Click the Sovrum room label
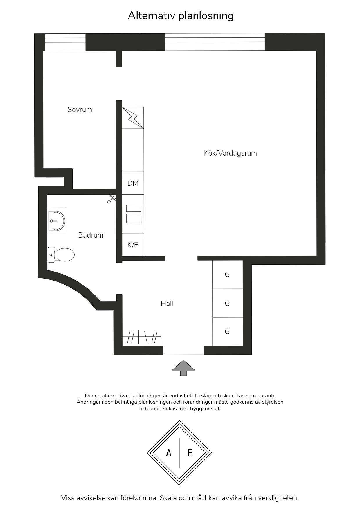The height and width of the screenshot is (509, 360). tap(80, 110)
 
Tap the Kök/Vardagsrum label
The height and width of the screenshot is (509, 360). tap(230, 153)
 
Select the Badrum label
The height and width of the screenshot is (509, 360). tap(91, 235)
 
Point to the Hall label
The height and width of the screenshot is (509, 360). tap(167, 304)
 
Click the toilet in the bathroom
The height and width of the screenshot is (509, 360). tap(61, 255)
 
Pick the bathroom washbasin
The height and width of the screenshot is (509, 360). tap(57, 221)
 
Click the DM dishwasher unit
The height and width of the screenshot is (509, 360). tap(133, 183)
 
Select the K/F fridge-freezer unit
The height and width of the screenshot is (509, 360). tap(133, 245)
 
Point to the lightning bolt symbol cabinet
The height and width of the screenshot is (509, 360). tap(133, 118)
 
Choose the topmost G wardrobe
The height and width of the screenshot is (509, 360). tap(227, 274)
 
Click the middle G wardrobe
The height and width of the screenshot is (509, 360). tap(227, 303)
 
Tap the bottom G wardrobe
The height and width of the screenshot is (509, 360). tap(227, 331)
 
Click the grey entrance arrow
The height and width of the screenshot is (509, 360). tap(183, 368)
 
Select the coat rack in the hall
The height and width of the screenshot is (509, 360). tap(142, 338)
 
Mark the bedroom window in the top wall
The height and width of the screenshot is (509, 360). tap(65, 42)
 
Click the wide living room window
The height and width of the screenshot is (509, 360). tap(215, 42)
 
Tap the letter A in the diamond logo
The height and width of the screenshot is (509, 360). tap(169, 453)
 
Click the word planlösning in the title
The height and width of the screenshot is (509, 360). tap(206, 16)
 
